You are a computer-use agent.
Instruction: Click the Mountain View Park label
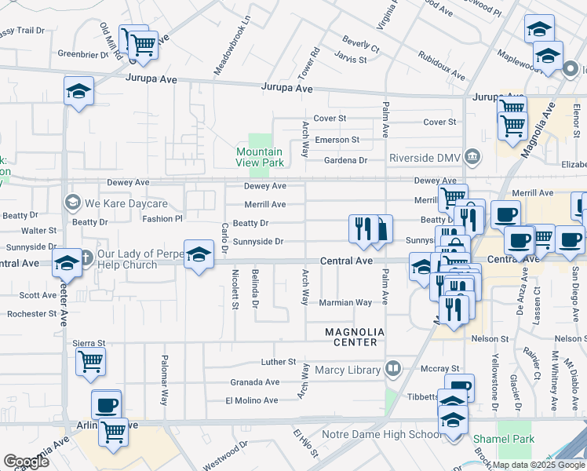pyautogui.click(x=259, y=157)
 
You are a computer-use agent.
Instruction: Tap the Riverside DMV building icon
pyautogui.click(x=473, y=155)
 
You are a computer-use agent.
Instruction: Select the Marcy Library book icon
pyautogui.click(x=392, y=368)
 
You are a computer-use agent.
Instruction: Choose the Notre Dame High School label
pyautogui.click(x=381, y=434)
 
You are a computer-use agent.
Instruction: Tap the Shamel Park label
pyautogui.click(x=504, y=438)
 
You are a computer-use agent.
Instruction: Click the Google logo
pyautogui.click(x=26, y=461)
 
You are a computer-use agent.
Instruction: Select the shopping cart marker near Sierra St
pyautogui.click(x=91, y=362)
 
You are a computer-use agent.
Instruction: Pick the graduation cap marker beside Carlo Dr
pyautogui.click(x=198, y=254)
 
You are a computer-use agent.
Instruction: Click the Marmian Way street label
pyautogui.click(x=345, y=302)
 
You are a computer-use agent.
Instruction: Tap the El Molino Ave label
pyautogui.click(x=251, y=400)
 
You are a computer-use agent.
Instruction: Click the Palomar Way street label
pyautogui.click(x=164, y=385)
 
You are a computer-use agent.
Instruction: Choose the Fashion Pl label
pyautogui.click(x=162, y=219)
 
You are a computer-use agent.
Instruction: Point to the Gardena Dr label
pyautogui.click(x=346, y=160)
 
